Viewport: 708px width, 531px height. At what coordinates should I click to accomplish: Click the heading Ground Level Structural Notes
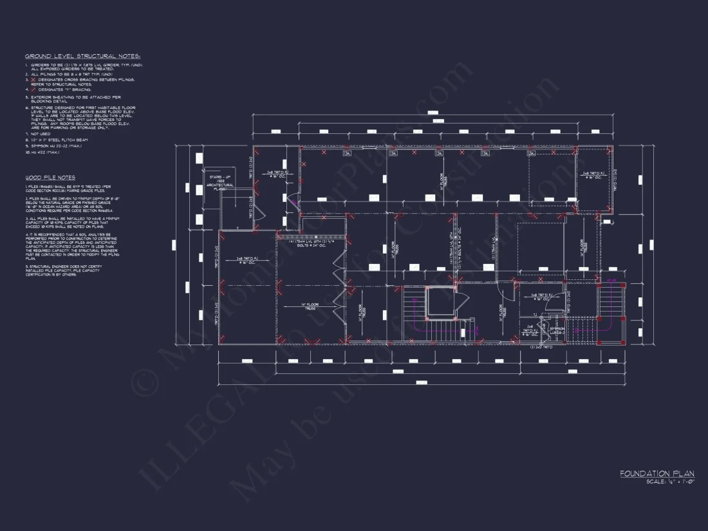tap(82, 57)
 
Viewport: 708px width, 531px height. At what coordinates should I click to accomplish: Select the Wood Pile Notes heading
tap(50, 177)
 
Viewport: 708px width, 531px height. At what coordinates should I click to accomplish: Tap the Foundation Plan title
tap(657, 474)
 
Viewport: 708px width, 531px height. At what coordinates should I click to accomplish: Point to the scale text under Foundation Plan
tap(670, 481)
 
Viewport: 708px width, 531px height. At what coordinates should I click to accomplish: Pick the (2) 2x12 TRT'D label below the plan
tap(541, 348)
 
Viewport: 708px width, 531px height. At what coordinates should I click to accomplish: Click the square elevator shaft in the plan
tap(440, 303)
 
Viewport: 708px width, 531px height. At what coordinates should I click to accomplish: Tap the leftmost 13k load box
tap(347, 153)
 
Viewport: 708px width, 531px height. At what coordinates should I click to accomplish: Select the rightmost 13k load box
tap(532, 153)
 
